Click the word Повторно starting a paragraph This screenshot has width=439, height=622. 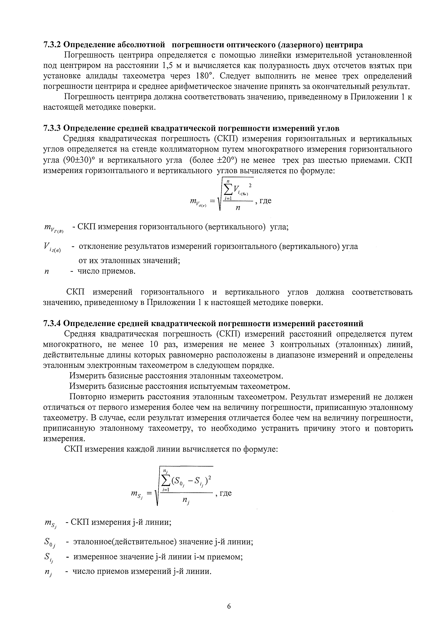click(x=87, y=397)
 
